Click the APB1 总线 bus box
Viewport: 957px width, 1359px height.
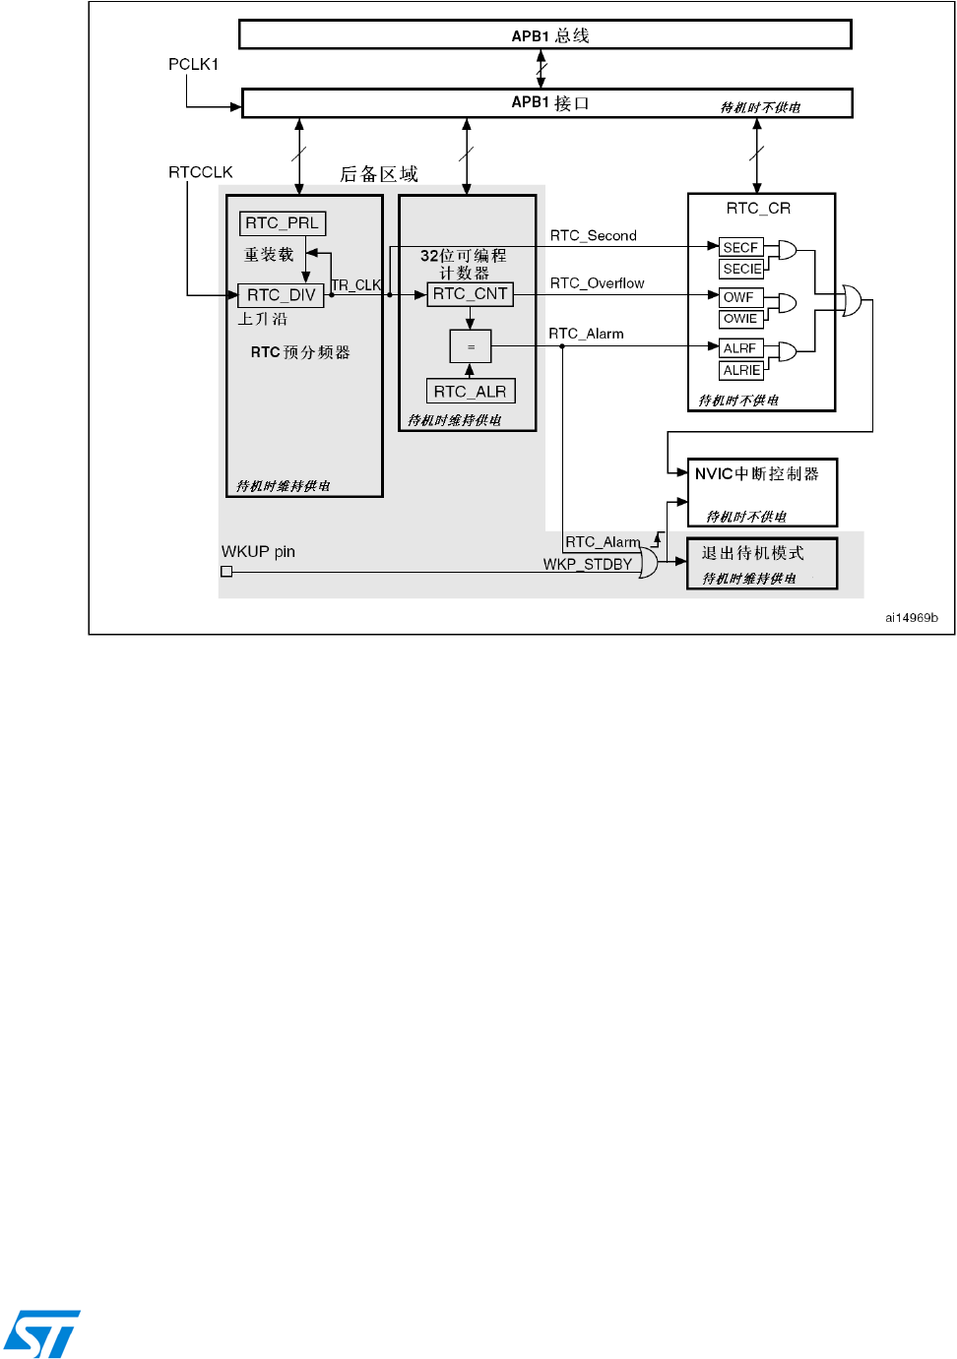[x=545, y=35]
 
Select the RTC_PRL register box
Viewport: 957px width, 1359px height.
[x=283, y=223]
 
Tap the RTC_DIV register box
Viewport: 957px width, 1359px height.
[x=282, y=295]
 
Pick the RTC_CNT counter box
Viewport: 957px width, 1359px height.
[x=471, y=294]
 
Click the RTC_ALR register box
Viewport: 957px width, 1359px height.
[x=471, y=392]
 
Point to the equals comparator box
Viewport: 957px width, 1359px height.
[x=471, y=346]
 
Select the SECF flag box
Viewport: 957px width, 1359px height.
[x=741, y=247]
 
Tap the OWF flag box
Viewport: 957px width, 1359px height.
[x=738, y=297]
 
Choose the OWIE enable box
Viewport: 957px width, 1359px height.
[x=740, y=319]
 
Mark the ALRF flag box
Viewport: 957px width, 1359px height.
[x=740, y=348]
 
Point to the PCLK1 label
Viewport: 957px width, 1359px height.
[x=193, y=64]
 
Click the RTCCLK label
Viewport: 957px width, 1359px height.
[x=201, y=172]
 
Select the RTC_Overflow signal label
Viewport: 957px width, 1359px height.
[x=597, y=283]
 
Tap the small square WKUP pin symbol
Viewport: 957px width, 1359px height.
[x=226, y=572]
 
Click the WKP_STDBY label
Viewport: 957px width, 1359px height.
[x=588, y=564]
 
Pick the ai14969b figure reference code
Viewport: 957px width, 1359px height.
[x=911, y=618]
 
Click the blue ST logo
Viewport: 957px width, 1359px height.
[x=42, y=1333]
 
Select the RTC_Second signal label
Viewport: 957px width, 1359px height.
[x=593, y=236]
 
